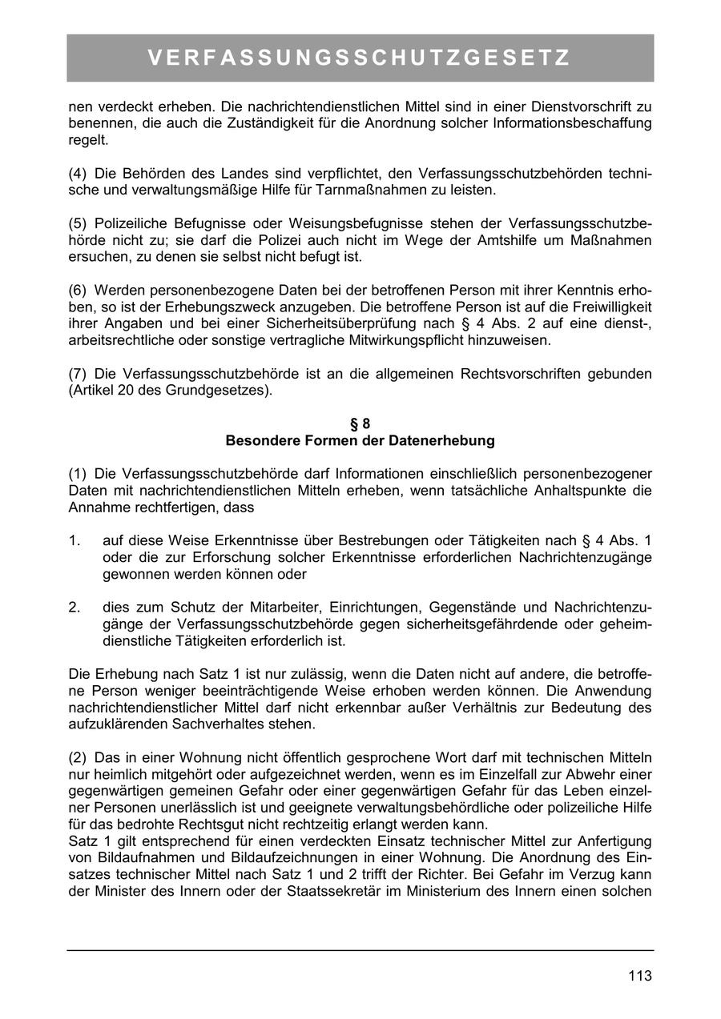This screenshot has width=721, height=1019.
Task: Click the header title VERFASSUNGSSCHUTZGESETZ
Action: [360, 58]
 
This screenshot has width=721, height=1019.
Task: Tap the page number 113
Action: [640, 976]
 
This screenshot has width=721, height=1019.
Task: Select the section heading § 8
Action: [360, 424]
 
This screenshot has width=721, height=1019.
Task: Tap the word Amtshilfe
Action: [459, 241]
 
